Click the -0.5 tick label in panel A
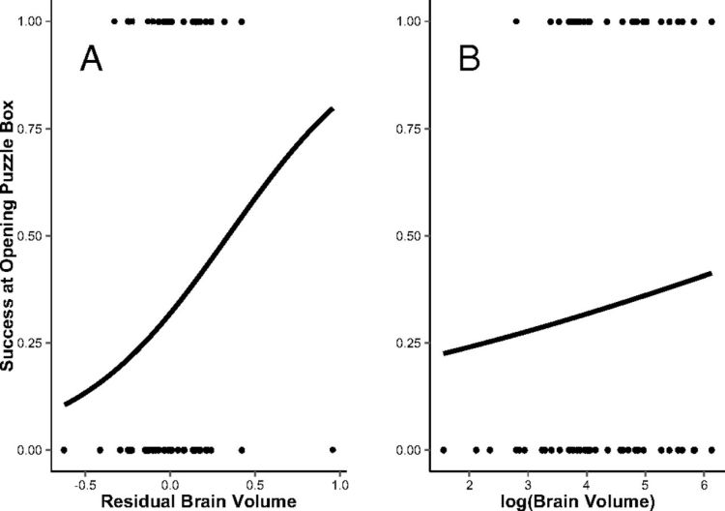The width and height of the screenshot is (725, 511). click(x=82, y=477)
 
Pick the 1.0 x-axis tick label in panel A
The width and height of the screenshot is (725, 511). click(x=340, y=477)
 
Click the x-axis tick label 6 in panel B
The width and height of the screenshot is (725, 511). click(x=701, y=477)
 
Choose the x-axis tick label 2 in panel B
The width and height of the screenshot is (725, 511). click(x=469, y=477)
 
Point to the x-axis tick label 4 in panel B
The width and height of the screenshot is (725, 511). click(x=585, y=477)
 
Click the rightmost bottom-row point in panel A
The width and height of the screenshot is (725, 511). click(x=333, y=450)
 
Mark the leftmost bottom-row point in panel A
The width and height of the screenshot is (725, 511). click(x=64, y=450)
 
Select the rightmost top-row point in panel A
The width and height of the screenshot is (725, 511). click(x=242, y=20)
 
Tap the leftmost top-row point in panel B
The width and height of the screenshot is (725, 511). click(x=516, y=20)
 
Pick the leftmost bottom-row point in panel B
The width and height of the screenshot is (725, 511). click(x=444, y=450)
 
